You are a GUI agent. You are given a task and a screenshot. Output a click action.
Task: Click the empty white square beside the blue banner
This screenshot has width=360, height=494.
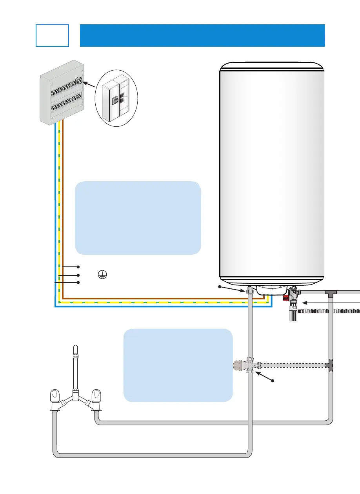click(53, 35)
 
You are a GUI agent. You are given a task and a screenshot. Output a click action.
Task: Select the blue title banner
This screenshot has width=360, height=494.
click(202, 35)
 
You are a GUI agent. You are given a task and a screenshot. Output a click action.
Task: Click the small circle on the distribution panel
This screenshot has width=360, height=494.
click(80, 80)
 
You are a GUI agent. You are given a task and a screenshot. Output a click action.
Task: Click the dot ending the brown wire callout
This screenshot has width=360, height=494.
click(78, 267)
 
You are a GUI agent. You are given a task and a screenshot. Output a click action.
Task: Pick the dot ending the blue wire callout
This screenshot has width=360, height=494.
click(78, 283)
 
